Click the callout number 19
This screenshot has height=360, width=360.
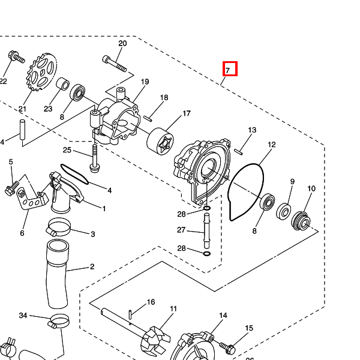tap(145, 82)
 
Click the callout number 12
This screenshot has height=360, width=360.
tap(272, 145)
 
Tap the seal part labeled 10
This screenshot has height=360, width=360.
tap(301, 220)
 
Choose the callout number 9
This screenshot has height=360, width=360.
tap(292, 182)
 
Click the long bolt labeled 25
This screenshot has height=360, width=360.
tap(94, 157)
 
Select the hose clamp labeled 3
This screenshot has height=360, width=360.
tap(59, 229)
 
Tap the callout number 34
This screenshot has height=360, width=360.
tap(23, 315)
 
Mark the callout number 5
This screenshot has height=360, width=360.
tap(10, 162)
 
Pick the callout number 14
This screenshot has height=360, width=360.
tap(223, 315)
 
